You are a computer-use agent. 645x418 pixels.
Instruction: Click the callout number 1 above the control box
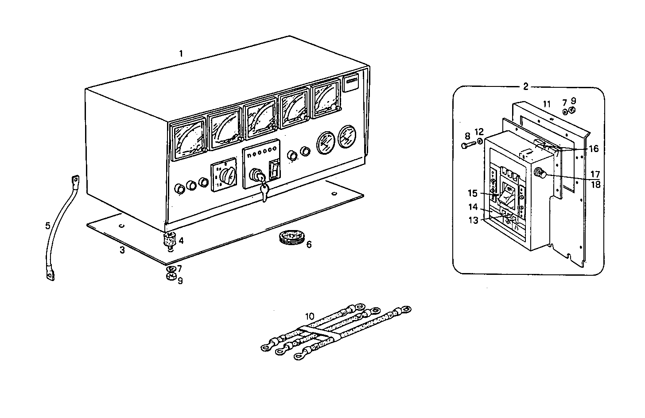coord(181,54)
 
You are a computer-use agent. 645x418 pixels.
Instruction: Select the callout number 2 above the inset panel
coord(525,86)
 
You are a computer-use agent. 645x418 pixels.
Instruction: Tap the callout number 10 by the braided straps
coord(310,316)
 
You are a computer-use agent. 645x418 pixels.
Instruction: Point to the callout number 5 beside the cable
coord(48,226)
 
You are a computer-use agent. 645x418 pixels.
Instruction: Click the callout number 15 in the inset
coord(473,193)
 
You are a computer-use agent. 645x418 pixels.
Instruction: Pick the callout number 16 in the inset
coord(593,149)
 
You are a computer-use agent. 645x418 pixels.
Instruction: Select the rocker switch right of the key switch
coord(275,171)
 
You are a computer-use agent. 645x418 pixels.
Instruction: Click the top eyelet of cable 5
coord(75,180)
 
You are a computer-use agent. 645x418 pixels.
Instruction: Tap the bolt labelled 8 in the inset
coord(468,145)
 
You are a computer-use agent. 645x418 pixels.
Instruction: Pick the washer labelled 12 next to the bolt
coord(481,142)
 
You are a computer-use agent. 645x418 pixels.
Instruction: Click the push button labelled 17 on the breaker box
coord(540,173)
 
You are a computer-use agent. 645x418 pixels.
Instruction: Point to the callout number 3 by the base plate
coord(122,250)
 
